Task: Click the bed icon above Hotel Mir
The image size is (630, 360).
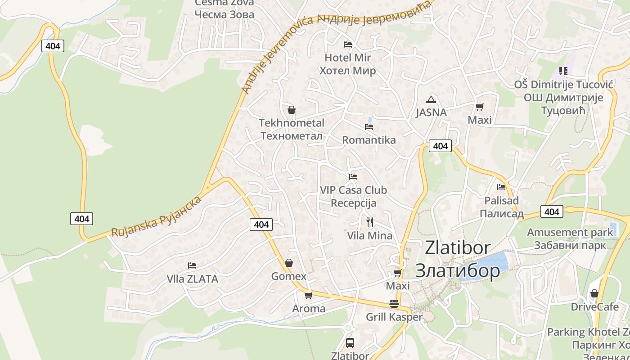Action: point(347,44)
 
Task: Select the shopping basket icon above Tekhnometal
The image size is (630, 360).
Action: point(292,109)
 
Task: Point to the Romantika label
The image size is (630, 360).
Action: point(369,140)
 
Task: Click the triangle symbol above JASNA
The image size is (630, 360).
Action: point(431,99)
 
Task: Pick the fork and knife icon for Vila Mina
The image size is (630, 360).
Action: point(369,222)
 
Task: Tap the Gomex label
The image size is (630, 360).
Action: point(288,276)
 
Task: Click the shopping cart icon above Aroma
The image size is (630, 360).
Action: point(308,295)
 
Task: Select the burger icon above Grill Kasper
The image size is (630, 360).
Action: point(394,303)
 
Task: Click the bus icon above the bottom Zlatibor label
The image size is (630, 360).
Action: point(350,343)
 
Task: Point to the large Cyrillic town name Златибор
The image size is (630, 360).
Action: point(457,271)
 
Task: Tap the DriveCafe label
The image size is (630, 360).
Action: point(595,307)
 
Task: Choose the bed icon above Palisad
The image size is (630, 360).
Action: point(501,187)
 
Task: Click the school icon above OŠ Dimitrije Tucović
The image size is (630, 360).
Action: point(563,71)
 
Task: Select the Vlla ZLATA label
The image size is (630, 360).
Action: point(193,279)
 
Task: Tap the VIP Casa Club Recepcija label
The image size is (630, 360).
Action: point(353,197)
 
